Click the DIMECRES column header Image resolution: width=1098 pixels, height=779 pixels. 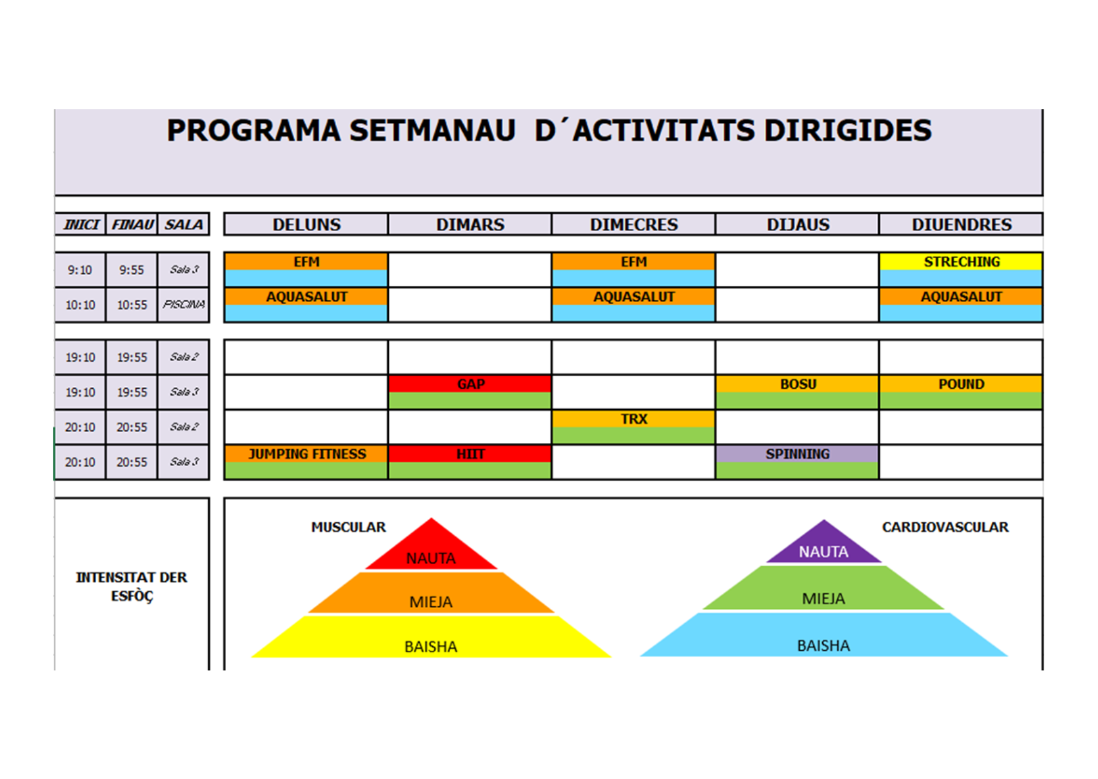click(x=633, y=224)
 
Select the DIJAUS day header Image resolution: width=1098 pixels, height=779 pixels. click(x=797, y=224)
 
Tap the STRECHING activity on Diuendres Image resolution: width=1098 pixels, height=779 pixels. click(x=961, y=262)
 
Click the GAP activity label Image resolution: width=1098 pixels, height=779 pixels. click(x=470, y=384)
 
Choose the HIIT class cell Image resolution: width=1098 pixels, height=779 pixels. click(x=470, y=454)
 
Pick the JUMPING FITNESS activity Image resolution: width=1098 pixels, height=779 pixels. click(x=307, y=454)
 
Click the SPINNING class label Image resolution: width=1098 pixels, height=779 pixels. click(x=797, y=454)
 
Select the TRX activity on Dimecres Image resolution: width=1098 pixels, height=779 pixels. click(x=633, y=418)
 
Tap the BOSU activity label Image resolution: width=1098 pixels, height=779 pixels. click(x=797, y=384)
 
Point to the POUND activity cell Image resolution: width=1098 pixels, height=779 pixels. click(x=961, y=384)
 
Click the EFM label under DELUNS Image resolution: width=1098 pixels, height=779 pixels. click(x=307, y=262)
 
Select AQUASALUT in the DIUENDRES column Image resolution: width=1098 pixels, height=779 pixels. click(x=961, y=297)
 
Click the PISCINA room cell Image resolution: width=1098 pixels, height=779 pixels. click(x=183, y=305)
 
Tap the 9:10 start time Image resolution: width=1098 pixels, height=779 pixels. click(x=80, y=270)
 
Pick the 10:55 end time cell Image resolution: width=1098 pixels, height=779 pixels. click(x=132, y=305)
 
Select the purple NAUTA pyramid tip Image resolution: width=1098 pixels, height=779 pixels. click(x=824, y=520)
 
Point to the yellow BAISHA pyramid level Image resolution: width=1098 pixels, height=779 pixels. click(x=432, y=638)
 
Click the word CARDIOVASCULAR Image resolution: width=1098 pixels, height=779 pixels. click(x=945, y=527)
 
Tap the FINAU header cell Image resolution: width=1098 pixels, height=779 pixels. click(x=132, y=224)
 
